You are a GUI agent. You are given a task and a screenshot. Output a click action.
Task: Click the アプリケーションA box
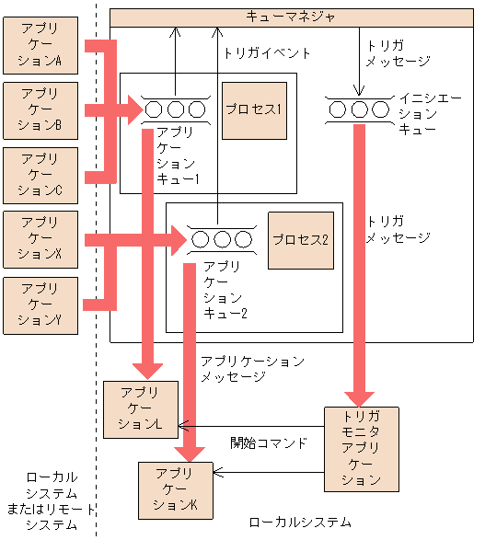point(40,45)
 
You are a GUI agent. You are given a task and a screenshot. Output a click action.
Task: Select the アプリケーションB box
point(40,110)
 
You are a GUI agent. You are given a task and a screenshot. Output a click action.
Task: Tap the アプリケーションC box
point(40,175)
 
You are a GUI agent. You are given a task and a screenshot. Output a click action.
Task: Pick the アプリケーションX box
point(40,239)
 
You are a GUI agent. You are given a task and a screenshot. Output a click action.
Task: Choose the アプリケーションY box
point(40,304)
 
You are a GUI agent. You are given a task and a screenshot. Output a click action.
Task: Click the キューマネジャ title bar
point(291,17)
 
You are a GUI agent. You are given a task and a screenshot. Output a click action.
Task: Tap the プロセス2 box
point(300,240)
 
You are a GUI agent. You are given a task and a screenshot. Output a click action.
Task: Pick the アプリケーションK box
point(175,489)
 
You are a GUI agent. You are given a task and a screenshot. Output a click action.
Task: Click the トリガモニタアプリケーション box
point(361,448)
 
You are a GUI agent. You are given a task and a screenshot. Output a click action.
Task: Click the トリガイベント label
point(267,53)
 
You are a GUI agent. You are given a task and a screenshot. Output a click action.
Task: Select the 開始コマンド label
point(268,442)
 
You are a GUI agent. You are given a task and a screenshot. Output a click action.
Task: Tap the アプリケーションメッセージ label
point(252,369)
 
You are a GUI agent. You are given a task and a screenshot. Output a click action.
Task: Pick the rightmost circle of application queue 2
point(243,240)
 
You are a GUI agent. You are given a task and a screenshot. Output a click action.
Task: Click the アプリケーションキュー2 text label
point(225,290)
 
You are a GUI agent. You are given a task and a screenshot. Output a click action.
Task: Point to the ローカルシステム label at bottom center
point(300,522)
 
